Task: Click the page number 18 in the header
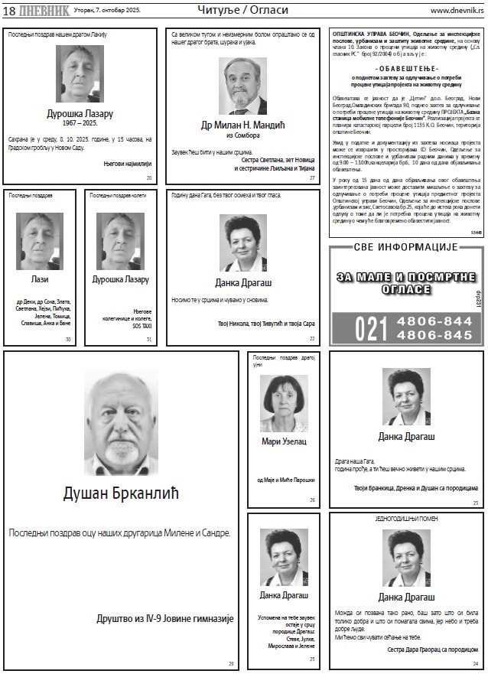point(8,11)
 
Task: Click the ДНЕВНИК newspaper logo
point(43,11)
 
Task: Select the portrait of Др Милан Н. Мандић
point(242,85)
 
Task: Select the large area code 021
point(371,329)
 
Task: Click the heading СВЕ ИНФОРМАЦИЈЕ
point(405,248)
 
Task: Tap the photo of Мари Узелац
point(284,403)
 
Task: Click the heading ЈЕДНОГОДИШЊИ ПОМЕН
point(406,519)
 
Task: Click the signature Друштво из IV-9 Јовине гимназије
point(165,618)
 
